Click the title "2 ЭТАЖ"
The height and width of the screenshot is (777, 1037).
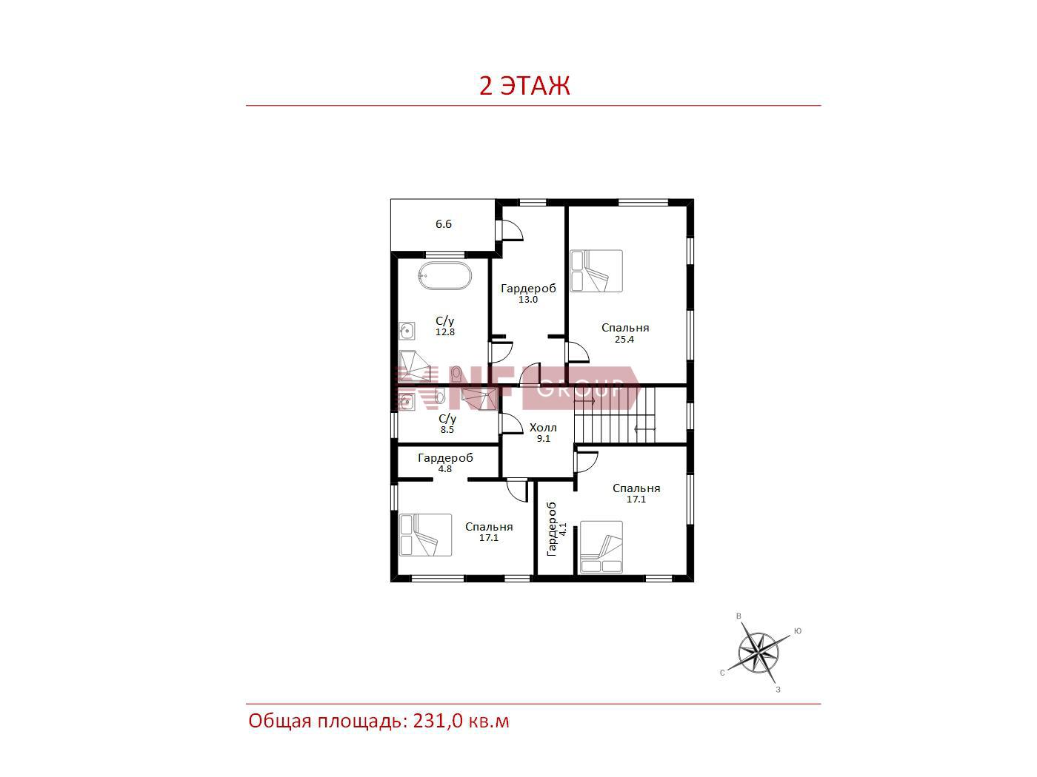(524, 86)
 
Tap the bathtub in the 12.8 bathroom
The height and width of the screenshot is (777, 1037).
(444, 276)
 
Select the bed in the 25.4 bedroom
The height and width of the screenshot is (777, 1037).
(596, 271)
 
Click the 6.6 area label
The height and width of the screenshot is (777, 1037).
(444, 224)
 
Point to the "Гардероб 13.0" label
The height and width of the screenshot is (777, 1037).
(528, 293)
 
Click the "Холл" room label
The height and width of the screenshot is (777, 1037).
(543, 428)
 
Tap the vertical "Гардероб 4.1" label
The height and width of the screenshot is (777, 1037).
(556, 529)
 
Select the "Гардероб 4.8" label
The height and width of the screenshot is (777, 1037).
(445, 462)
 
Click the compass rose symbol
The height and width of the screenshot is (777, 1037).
(758, 653)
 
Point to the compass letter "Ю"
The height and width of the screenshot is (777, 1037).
(798, 631)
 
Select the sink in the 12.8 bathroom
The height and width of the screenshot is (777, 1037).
(407, 332)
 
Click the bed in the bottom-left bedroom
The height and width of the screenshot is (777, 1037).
(425, 535)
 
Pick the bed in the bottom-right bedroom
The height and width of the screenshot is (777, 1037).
(601, 548)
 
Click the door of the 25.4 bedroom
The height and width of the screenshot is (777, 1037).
(577, 352)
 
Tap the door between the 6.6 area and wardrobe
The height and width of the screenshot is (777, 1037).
(510, 230)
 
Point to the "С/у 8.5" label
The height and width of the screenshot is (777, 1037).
(447, 423)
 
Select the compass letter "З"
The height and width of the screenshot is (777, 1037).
(778, 690)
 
